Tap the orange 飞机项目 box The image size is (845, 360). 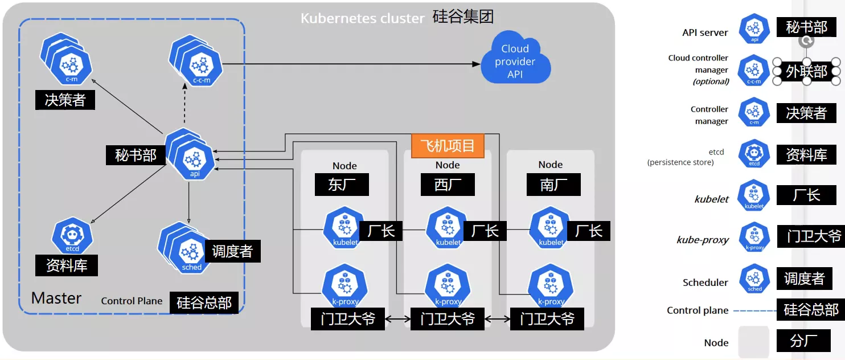coord(448,146)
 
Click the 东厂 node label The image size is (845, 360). coord(342,185)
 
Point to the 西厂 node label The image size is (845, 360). coord(447,185)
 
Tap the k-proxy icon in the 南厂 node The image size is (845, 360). coord(551,287)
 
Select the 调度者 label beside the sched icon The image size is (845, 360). coord(232,251)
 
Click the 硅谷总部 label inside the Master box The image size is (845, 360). coord(204,302)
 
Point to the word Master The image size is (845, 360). coord(56,298)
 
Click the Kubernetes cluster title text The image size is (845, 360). coord(363,18)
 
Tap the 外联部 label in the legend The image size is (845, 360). coord(806,72)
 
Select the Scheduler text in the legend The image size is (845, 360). coord(705,283)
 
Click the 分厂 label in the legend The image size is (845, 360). coord(803,341)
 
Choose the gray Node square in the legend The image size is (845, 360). coord(753,342)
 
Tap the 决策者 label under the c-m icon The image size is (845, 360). coord(65,100)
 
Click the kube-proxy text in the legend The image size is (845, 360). coord(703,240)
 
